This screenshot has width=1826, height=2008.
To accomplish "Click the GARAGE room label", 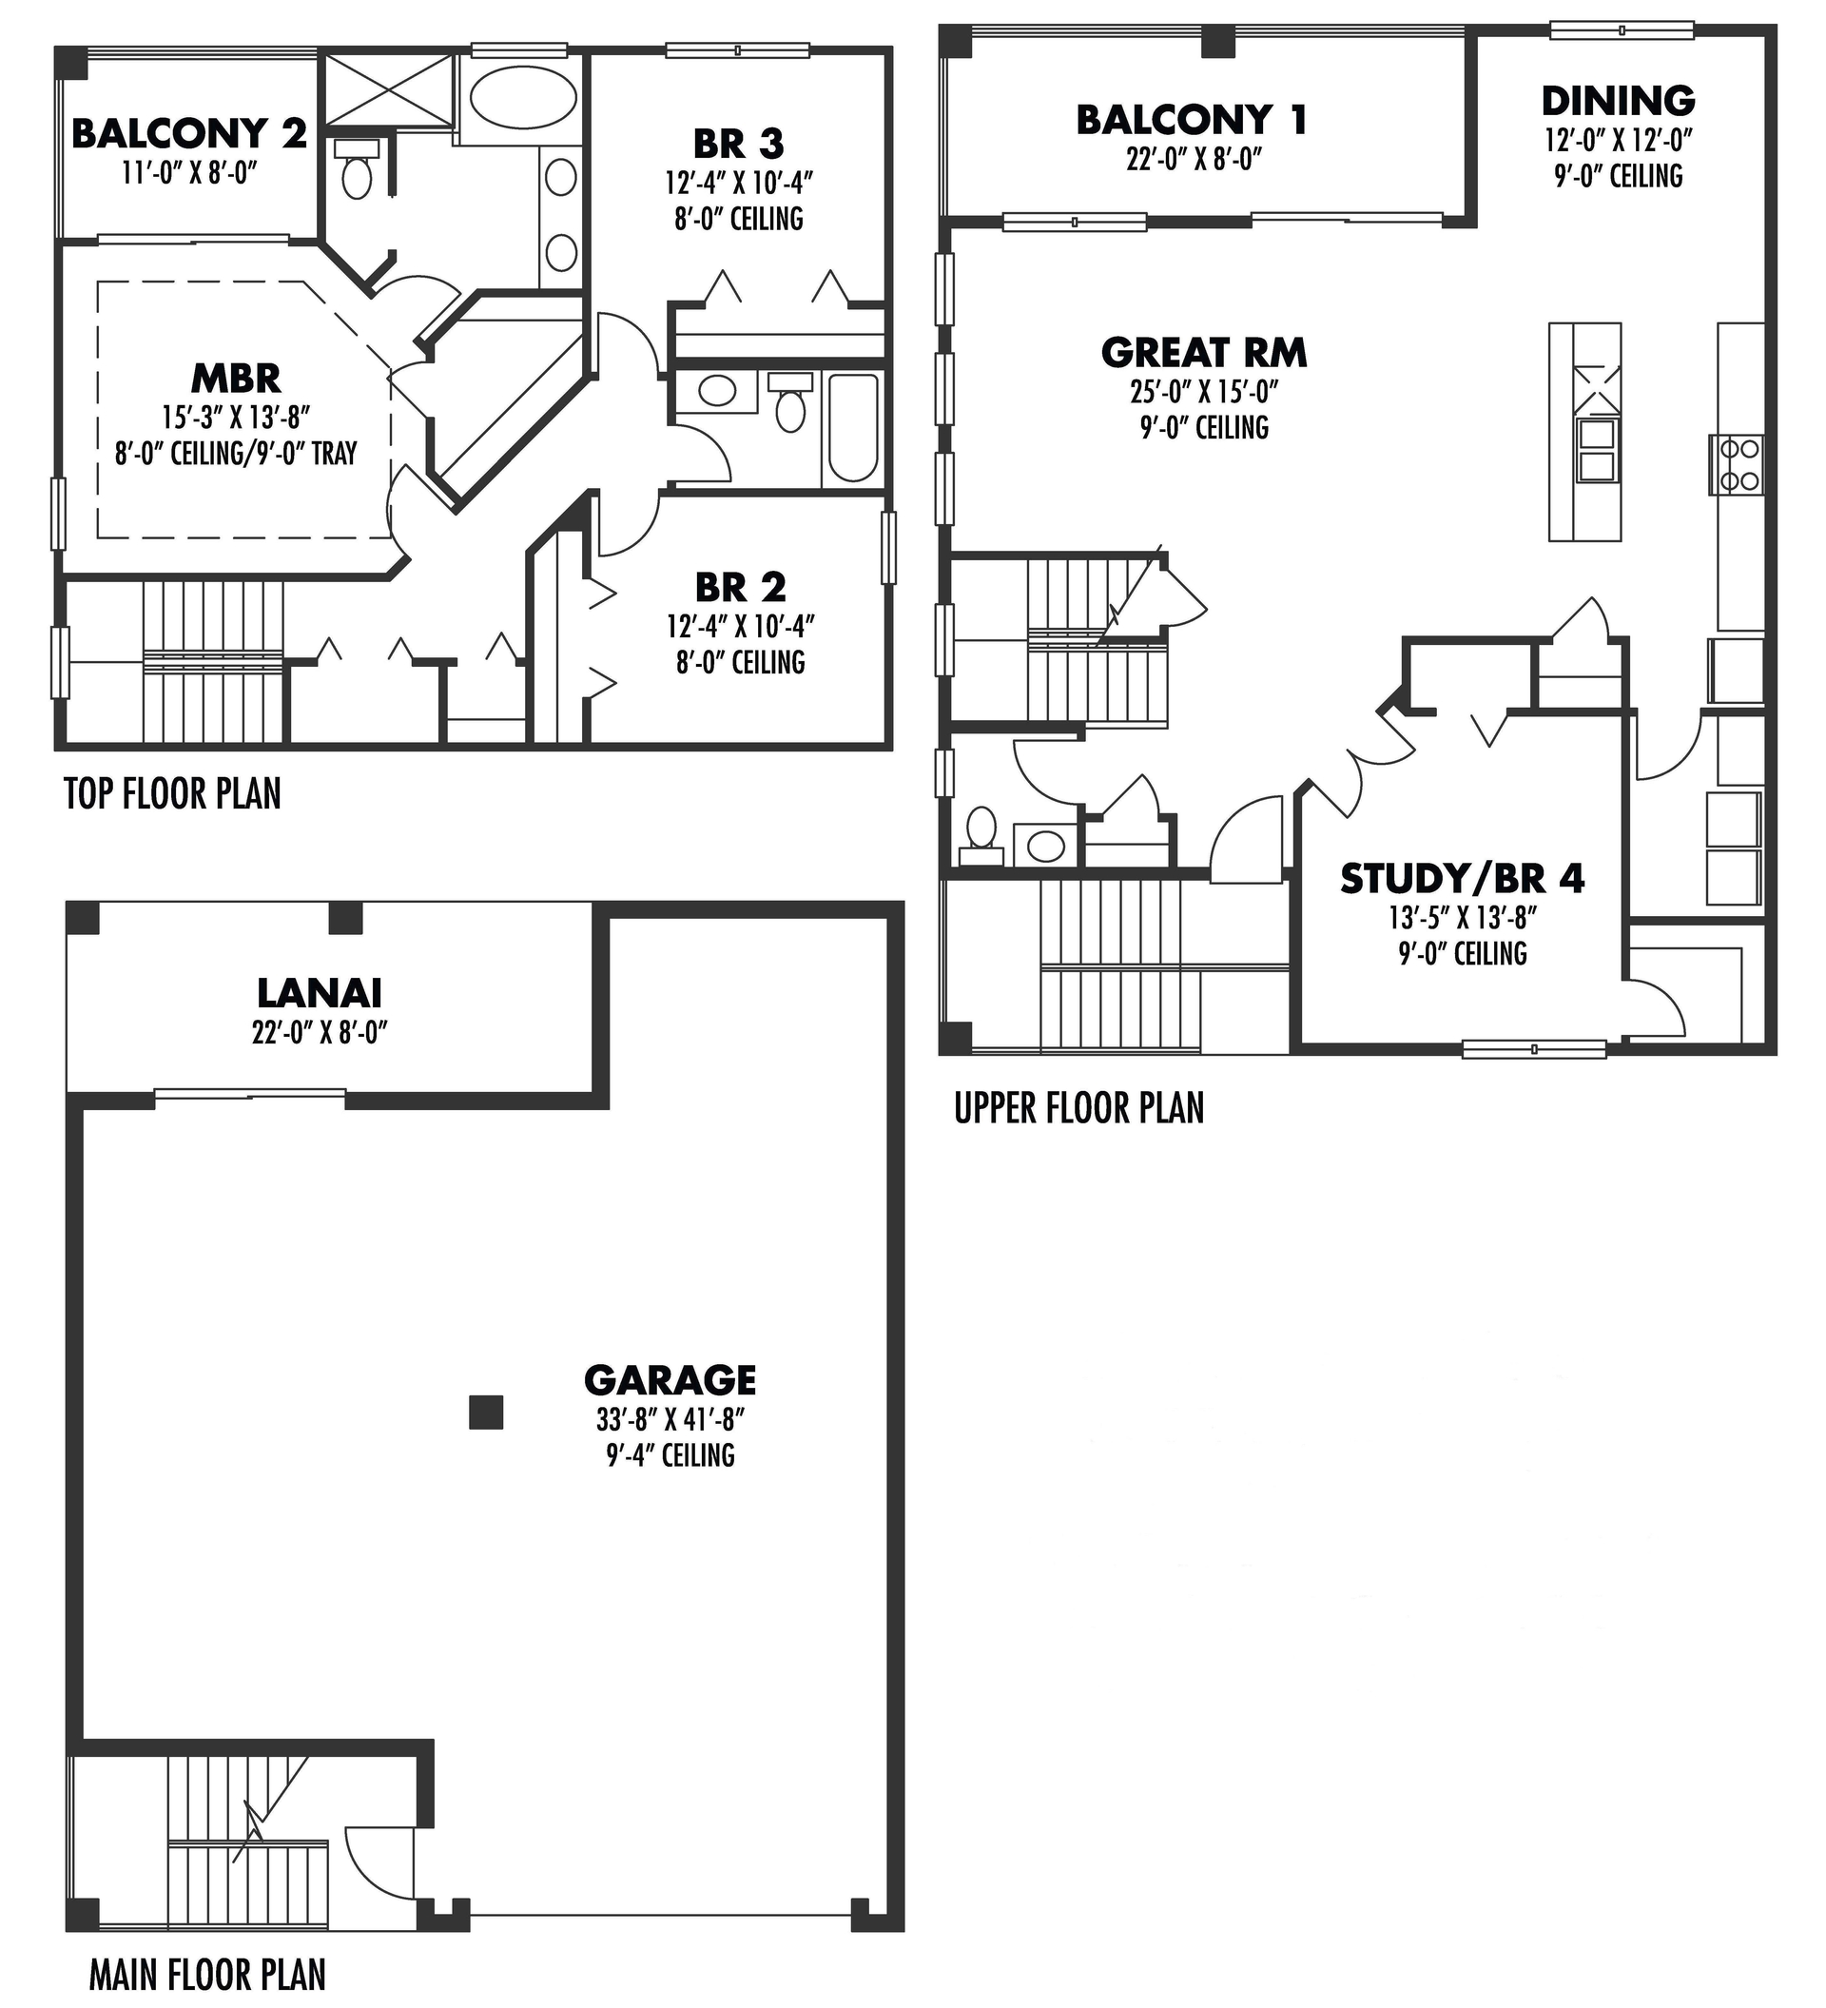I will click(670, 1380).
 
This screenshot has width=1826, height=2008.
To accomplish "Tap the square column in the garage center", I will click(486, 1413).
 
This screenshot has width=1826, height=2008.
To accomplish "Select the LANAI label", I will click(319, 993).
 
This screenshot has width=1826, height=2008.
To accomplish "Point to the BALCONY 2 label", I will click(189, 132).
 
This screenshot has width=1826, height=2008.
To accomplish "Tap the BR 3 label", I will click(738, 144).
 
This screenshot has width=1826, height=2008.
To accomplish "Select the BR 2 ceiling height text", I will click(740, 662).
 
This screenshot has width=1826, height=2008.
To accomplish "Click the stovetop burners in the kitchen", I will click(1738, 465).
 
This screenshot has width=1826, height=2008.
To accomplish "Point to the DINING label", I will click(1618, 101).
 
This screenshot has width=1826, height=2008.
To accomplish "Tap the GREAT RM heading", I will click(1204, 353).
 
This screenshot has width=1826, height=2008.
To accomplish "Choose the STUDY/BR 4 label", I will click(1462, 879).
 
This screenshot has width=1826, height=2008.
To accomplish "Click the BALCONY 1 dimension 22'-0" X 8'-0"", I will click(1194, 160).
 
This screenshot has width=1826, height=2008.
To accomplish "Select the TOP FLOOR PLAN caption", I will click(172, 794).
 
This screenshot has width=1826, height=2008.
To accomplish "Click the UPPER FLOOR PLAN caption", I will click(1078, 1107).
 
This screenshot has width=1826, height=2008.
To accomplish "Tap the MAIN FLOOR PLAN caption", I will click(207, 1973).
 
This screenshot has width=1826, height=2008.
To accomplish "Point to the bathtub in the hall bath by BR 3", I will click(853, 428).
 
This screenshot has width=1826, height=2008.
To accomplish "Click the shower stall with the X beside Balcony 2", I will click(389, 90).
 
